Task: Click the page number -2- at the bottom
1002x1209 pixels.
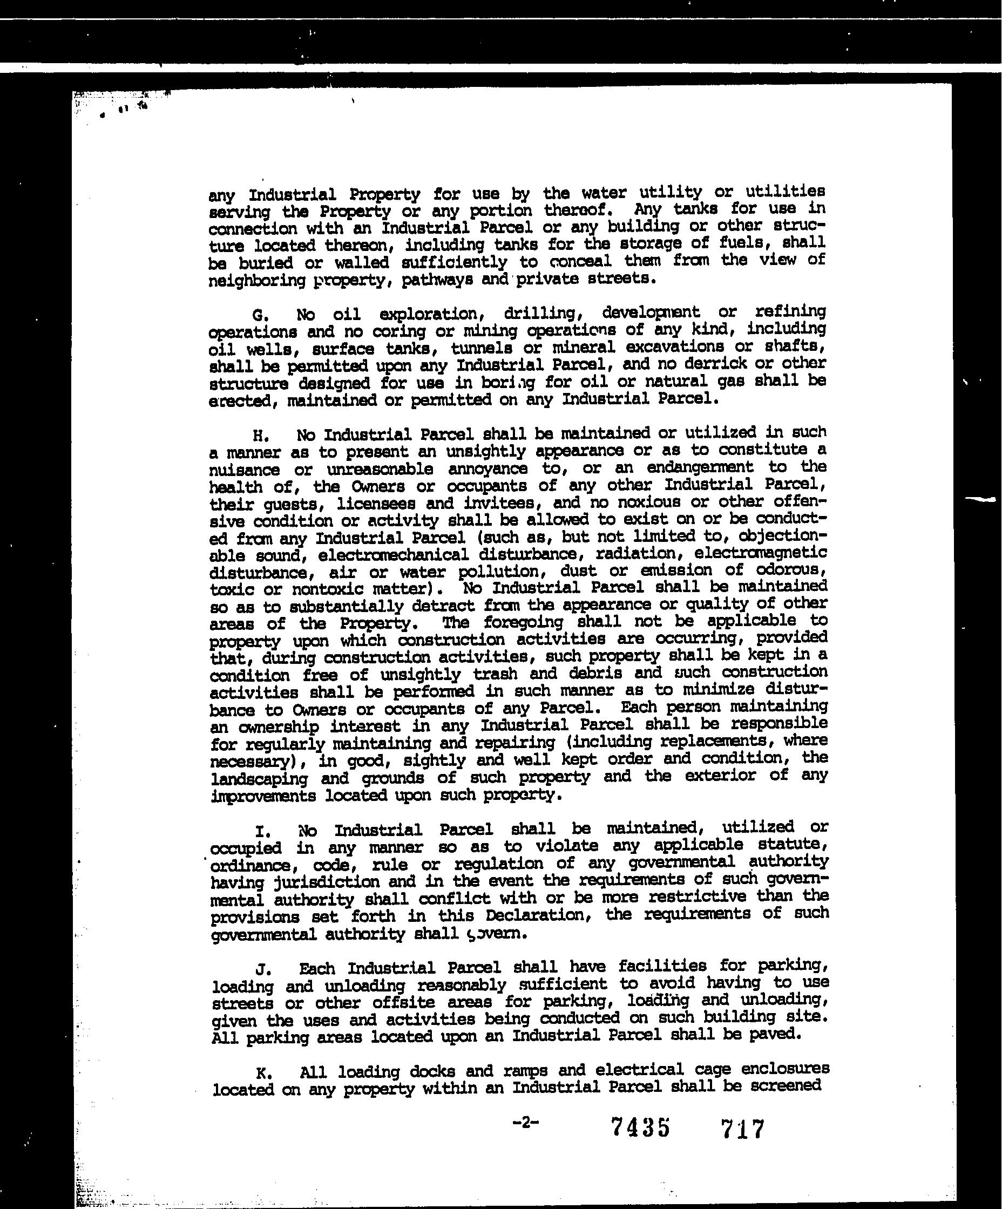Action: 525,1122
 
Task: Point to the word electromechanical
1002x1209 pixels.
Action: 392,555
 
